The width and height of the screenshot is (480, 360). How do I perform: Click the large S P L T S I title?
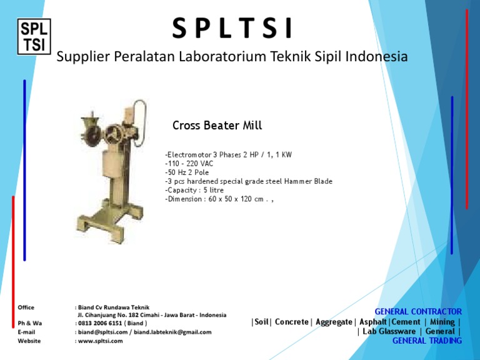click(231, 28)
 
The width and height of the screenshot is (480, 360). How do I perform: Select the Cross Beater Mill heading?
click(217, 126)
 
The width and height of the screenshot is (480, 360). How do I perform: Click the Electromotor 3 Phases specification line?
click(228, 154)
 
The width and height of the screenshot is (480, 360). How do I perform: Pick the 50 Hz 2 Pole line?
click(187, 172)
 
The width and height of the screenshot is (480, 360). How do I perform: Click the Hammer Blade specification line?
click(248, 181)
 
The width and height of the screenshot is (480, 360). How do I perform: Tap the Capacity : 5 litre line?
click(194, 190)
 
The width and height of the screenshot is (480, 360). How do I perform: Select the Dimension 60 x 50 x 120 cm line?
click(219, 199)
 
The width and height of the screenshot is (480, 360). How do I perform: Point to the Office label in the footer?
click(26, 307)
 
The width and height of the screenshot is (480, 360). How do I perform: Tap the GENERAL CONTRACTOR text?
click(417, 311)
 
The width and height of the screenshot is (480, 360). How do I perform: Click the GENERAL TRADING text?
click(427, 341)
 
